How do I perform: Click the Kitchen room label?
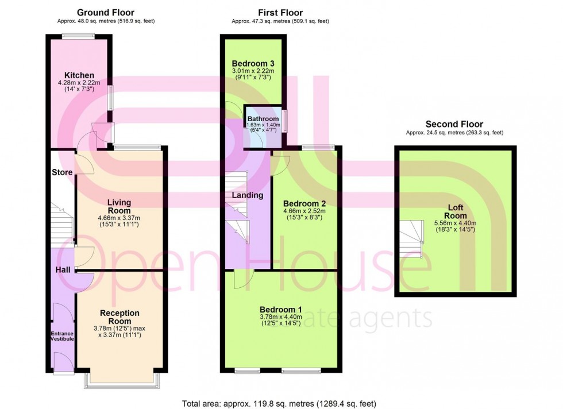pos(79,75)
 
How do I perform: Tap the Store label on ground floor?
pos(61,172)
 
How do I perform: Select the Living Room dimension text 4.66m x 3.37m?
pos(119,218)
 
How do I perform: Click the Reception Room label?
pos(119,313)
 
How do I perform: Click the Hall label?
pos(62,269)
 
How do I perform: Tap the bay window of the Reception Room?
pos(121,380)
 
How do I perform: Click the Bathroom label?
pos(263,119)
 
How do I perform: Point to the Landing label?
pos(247,195)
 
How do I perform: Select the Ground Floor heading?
pos(106,12)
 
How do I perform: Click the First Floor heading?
pos(280,12)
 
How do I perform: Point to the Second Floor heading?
pos(454,124)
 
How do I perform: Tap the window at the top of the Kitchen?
pos(79,37)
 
